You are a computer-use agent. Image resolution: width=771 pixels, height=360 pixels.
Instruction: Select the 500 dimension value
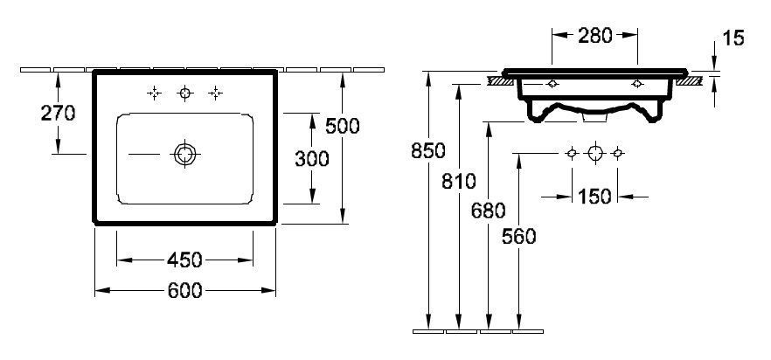point(342,127)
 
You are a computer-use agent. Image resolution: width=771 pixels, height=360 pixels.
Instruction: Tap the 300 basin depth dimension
point(311,158)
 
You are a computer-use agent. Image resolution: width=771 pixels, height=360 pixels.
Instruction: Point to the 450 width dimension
point(184,260)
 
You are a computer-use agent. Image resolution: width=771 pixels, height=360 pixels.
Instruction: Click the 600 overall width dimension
point(184,291)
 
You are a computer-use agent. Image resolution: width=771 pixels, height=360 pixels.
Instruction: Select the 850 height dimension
point(427,150)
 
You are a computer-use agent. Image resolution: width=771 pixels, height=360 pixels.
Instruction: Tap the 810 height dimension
point(458,182)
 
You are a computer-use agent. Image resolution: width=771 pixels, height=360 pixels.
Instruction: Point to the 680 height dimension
point(488,210)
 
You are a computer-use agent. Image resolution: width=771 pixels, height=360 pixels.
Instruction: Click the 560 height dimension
point(518,236)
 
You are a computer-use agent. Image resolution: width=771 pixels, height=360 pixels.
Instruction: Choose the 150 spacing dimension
point(595,196)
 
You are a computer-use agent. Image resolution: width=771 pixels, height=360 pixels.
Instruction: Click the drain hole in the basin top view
point(184,154)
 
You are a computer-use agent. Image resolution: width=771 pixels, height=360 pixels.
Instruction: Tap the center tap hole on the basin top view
point(184,93)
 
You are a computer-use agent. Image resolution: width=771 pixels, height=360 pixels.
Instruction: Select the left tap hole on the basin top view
point(154,93)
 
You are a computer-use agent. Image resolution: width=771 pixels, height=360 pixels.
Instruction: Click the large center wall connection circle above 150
point(595,153)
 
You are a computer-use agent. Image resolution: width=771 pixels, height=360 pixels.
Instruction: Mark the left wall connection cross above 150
point(572,153)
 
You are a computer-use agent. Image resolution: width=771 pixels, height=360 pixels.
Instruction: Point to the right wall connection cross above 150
point(618,153)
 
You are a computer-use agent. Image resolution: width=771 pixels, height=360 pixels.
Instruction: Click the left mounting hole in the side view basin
point(552,85)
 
